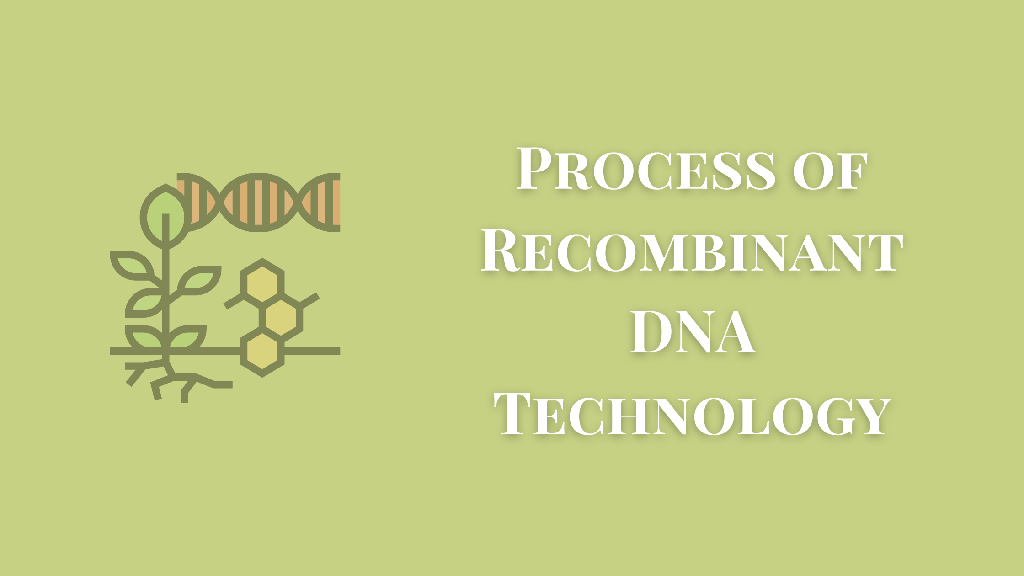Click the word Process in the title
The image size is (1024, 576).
(x=646, y=169)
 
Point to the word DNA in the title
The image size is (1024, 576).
(x=692, y=332)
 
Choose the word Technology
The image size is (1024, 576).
(x=692, y=414)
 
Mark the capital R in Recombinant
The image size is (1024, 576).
(x=502, y=251)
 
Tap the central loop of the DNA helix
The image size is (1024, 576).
(x=259, y=202)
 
